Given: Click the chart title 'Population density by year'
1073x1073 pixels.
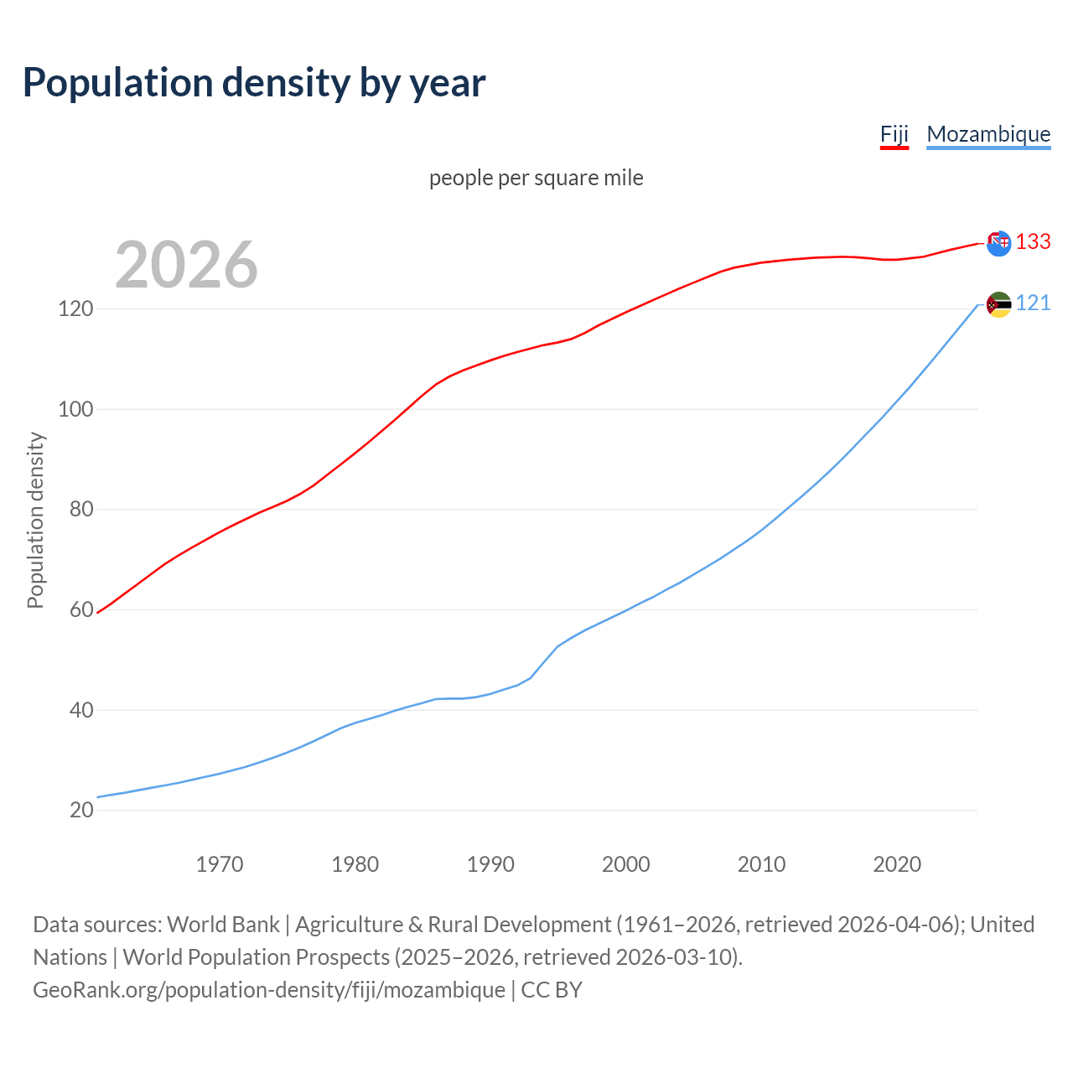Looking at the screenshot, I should point(254,83).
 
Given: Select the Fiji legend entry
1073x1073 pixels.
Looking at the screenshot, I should point(894,134).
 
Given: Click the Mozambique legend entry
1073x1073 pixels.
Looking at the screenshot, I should point(988,134).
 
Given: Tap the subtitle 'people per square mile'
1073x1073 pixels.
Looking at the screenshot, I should point(536,178).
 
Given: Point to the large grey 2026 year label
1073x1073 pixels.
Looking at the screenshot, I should point(186,265).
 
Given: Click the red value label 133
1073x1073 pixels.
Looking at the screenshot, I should point(1033,242).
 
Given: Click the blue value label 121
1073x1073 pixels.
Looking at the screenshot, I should point(1033,303).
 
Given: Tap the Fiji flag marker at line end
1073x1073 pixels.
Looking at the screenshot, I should point(998,244).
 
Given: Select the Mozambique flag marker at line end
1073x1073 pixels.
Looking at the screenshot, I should point(998,305).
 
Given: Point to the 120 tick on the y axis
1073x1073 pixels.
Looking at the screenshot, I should point(75,309).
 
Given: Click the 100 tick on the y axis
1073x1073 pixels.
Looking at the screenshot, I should point(75,410).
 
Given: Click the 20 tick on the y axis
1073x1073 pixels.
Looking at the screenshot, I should point(80,811).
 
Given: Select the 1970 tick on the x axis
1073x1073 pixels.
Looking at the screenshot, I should point(220,864).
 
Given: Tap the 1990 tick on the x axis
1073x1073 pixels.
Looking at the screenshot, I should point(490,864).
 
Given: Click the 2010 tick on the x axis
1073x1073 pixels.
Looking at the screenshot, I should point(761,864).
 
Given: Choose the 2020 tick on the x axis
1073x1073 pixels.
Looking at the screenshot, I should point(897,864).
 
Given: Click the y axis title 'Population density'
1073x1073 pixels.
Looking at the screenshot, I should point(35,520).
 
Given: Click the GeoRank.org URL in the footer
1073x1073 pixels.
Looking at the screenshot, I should point(268,990).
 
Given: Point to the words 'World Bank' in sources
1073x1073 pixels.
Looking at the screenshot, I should point(223,925).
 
